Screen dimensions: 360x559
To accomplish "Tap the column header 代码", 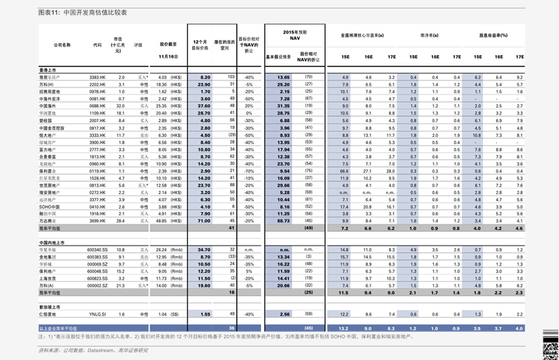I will coord(97,44).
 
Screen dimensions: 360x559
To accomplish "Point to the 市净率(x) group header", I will coord(429,35).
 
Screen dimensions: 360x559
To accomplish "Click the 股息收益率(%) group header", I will coord(493,35).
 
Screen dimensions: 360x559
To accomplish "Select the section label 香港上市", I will coord(49,70).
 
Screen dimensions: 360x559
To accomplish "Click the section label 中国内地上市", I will coord(53,242).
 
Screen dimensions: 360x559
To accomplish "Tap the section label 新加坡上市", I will coord(50,307).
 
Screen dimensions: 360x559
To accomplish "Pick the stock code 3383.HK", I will coord(97,77).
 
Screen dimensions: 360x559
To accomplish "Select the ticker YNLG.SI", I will coord(97,314).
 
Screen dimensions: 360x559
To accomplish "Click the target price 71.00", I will coord(205,221).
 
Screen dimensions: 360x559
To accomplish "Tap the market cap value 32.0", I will coord(121,106).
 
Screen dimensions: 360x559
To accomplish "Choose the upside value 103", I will coord(232,76).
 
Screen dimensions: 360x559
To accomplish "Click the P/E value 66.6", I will coord(344,171).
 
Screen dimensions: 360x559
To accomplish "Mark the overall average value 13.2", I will coord(344,329).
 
